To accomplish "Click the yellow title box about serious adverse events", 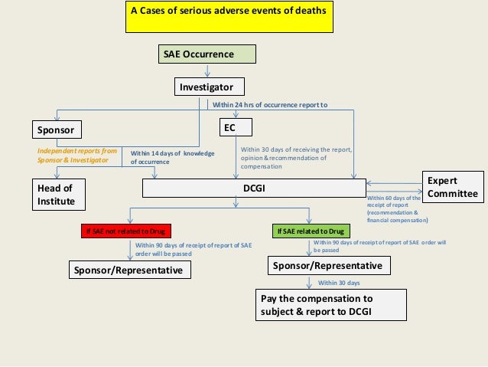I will click(x=229, y=17).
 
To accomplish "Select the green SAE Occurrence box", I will click(x=207, y=54).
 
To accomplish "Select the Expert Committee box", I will click(x=454, y=187).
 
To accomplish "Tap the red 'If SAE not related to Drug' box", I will click(x=126, y=231).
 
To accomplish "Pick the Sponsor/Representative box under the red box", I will click(x=129, y=270).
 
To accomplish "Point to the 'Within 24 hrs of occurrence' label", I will click(x=269, y=105).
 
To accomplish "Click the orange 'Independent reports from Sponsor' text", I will click(x=76, y=156).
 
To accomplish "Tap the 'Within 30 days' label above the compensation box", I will click(x=340, y=283).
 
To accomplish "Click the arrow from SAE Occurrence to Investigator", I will click(x=207, y=70).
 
